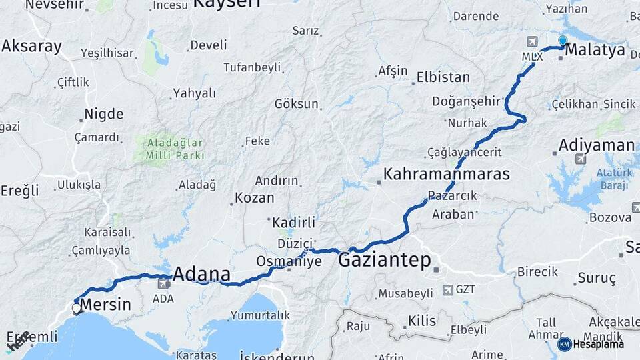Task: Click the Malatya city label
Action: [595, 50]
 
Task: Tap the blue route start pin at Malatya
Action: [563, 41]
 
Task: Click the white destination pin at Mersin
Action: [77, 308]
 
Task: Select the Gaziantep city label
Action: [385, 260]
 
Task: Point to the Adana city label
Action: [201, 274]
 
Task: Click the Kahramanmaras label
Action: [446, 175]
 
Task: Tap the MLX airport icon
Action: [532, 43]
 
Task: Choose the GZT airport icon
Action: [448, 290]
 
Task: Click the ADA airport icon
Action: [163, 285]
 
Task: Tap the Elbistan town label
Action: [443, 77]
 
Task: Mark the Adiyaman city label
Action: [596, 145]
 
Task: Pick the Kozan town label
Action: [254, 198]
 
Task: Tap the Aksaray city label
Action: [31, 46]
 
